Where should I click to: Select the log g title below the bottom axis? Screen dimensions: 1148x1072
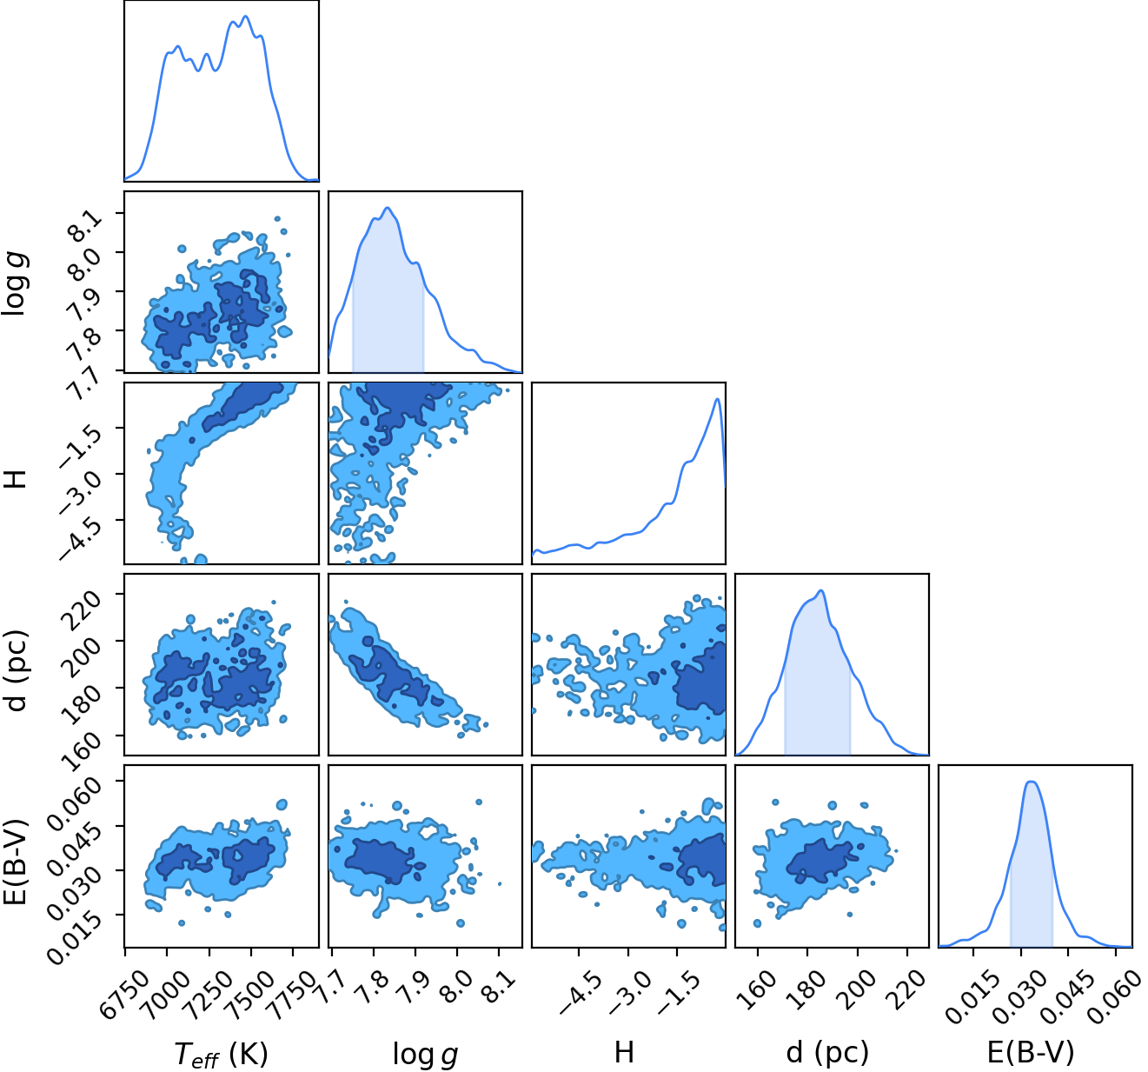[425, 1054]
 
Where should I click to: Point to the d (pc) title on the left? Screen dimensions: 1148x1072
[17, 669]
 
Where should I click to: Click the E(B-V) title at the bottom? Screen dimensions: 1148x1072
[1030, 1052]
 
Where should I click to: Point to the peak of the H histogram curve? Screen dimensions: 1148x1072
[717, 398]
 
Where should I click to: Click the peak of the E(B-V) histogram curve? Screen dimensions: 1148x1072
[1032, 782]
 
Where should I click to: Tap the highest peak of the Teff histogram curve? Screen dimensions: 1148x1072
[246, 17]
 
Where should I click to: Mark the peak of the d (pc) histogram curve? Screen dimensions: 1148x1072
[820, 590]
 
